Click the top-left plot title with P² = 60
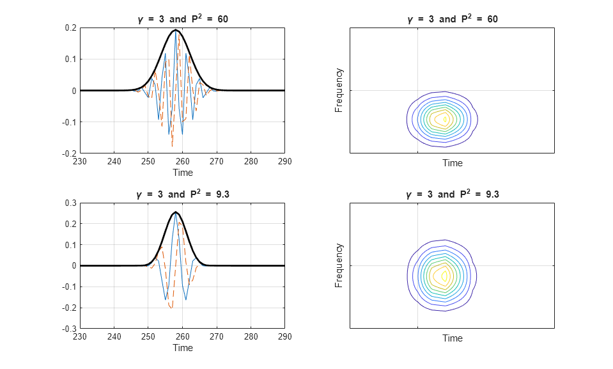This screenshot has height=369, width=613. coord(183,19)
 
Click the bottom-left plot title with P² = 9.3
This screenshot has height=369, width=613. coord(183,194)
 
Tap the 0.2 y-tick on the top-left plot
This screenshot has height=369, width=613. coord(70,27)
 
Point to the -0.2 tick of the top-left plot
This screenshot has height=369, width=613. coord(69,153)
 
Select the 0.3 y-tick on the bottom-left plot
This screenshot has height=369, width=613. coord(70,203)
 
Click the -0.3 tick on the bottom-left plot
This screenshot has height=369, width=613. coord(69,329)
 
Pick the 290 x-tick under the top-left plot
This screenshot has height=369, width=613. coord(285,162)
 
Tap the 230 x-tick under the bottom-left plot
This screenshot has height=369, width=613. coord(80,337)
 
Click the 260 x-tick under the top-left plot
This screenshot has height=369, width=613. coord(183,162)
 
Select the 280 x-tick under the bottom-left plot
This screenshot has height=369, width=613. coord(251,337)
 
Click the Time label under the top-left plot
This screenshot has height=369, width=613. coord(183,172)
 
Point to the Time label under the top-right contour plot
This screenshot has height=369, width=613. coord(452,163)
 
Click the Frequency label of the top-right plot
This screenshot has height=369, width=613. coord(339,91)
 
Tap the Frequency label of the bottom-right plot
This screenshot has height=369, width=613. coord(339,265)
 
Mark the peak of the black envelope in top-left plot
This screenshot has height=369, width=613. coord(175,30)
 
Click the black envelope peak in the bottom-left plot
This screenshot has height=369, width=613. coord(175,212)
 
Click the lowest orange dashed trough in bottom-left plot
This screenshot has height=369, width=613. coord(171,308)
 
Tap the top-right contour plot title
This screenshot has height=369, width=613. coord(452,19)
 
